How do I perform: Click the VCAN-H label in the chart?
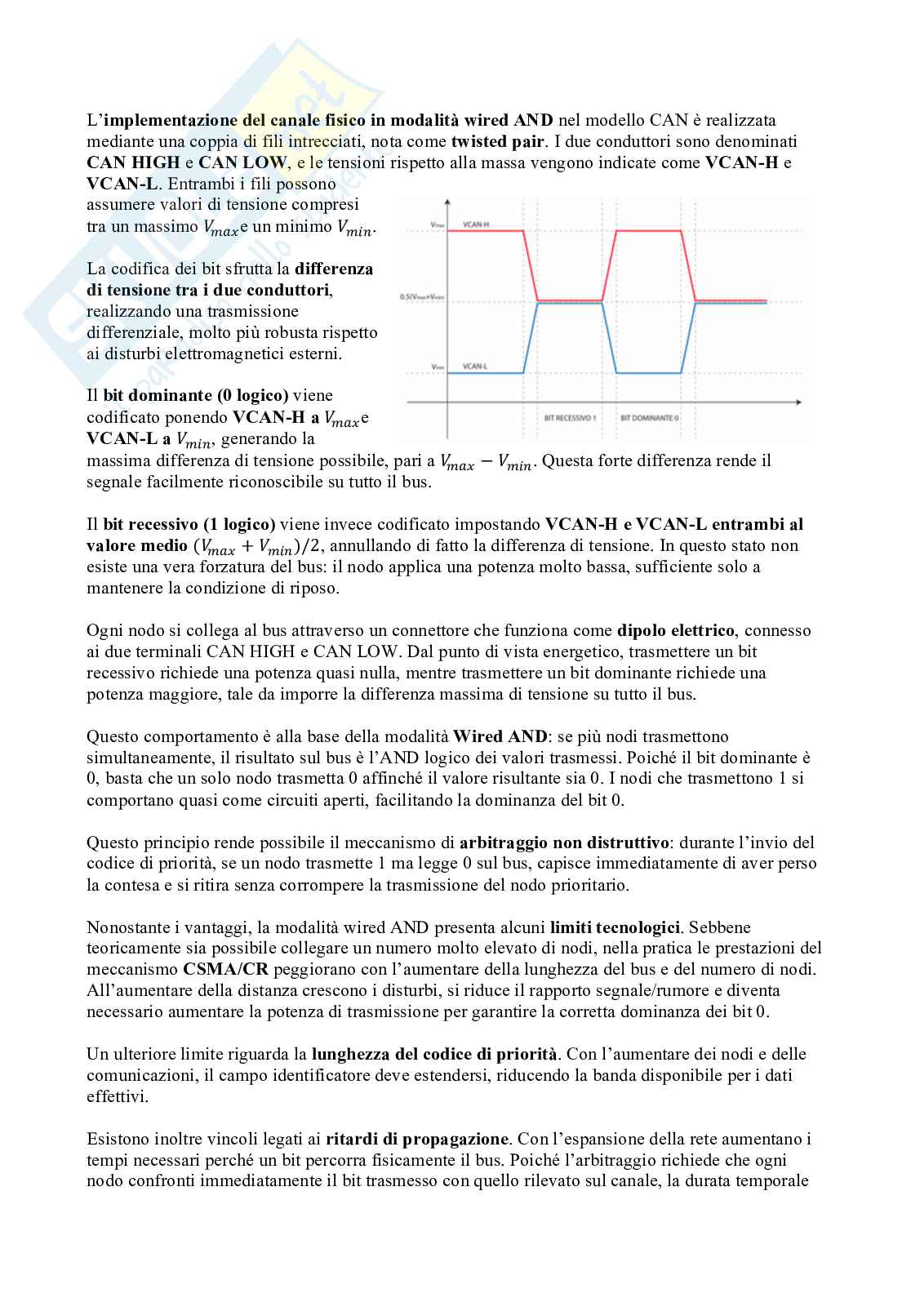(476, 224)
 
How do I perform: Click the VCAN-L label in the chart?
(475, 366)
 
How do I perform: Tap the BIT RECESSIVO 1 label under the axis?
(570, 417)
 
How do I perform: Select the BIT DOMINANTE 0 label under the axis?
(650, 417)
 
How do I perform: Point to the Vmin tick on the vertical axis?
(436, 367)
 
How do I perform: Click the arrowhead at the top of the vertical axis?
(447, 202)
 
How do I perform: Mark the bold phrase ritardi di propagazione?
(417, 1139)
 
